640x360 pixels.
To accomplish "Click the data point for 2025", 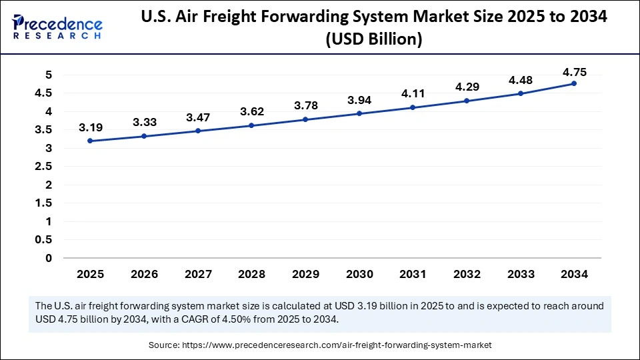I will [89, 141].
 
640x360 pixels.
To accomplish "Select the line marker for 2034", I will [574, 83].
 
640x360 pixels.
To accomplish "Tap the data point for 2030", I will [359, 113].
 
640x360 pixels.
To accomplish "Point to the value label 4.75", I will [574, 72].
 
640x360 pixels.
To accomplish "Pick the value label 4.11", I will [413, 94].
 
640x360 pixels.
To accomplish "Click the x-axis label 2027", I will [197, 274].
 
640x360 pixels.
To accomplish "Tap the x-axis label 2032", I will [467, 274].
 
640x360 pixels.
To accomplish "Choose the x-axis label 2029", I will [305, 274].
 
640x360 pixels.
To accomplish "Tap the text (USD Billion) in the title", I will [373, 39].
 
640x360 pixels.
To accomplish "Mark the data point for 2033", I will [521, 93].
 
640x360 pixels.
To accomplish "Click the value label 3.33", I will [143, 122].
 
